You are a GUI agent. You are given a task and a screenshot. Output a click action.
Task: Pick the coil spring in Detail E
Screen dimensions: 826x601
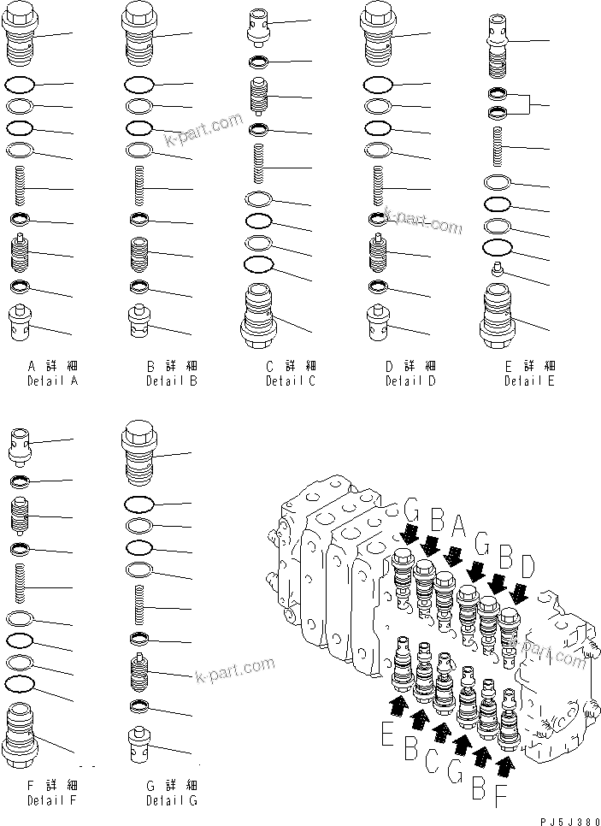click(498, 146)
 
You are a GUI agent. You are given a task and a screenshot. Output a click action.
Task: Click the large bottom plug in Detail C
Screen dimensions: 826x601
click(260, 316)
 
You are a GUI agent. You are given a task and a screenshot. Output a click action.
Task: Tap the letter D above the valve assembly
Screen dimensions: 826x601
click(527, 566)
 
